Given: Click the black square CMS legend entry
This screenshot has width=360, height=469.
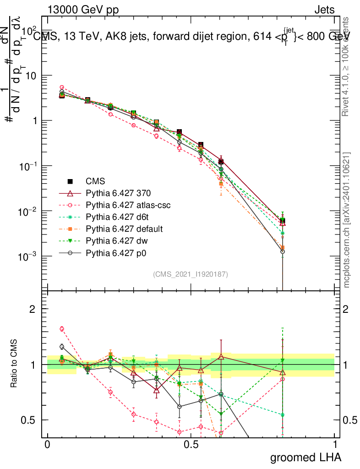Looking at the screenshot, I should pyautogui.click(x=95, y=181).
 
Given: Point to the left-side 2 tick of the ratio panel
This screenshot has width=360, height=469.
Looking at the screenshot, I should pyautogui.click(x=33, y=309).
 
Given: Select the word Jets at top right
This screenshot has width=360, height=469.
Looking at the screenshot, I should pyautogui.click(x=324, y=10).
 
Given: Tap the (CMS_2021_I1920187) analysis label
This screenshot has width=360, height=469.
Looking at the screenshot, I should pyautogui.click(x=191, y=274).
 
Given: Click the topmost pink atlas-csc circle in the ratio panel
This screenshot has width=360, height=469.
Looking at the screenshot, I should pyautogui.click(x=62, y=328).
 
